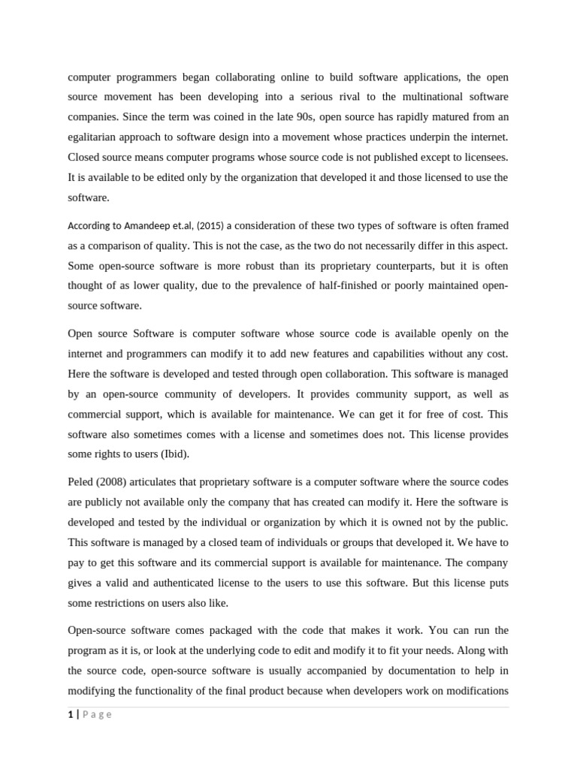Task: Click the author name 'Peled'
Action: [83, 481]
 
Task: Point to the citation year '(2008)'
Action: [119, 481]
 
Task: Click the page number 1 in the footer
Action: [70, 714]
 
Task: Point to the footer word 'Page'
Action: [96, 714]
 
